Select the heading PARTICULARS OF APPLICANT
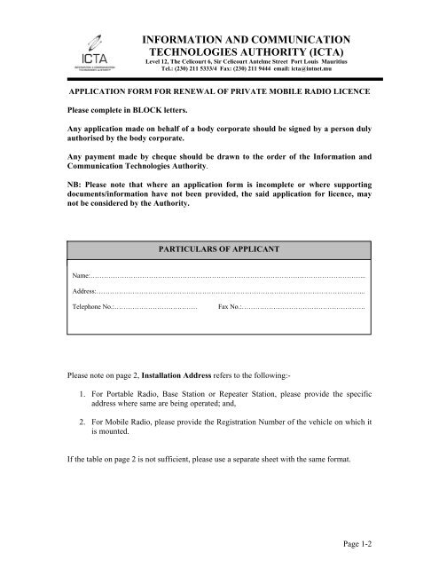click(x=219, y=250)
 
